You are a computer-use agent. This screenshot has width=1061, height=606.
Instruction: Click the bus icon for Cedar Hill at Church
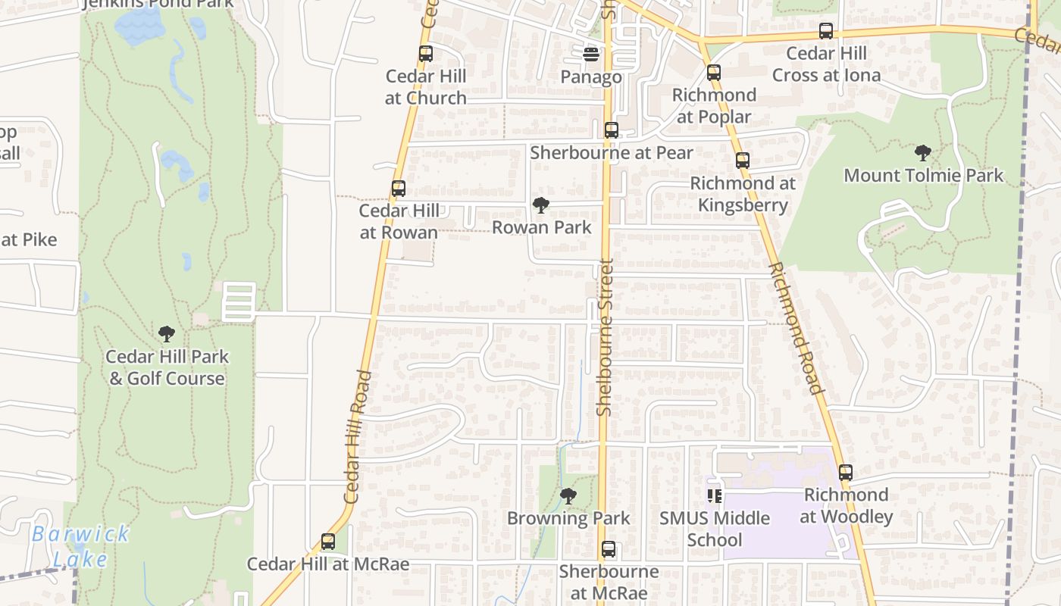(x=426, y=54)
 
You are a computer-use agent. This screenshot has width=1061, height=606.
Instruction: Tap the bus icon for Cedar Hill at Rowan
(x=399, y=189)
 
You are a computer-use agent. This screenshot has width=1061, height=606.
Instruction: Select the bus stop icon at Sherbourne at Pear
(x=612, y=130)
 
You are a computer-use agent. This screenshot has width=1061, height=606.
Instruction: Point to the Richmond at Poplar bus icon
(x=714, y=73)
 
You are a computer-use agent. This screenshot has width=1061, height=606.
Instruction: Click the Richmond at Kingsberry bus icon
(x=743, y=161)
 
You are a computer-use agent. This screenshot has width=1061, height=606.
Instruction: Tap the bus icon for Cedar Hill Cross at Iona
(x=826, y=31)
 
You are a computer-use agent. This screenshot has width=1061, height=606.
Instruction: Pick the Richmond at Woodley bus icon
(x=846, y=473)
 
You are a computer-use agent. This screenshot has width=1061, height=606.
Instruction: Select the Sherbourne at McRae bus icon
(x=609, y=549)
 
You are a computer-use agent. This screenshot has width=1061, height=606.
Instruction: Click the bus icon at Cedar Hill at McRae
(x=328, y=542)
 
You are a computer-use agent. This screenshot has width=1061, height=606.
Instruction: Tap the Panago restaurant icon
(x=591, y=54)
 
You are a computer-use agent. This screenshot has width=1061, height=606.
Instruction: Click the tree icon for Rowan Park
(x=541, y=205)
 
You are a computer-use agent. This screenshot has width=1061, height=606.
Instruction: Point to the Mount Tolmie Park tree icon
(x=923, y=153)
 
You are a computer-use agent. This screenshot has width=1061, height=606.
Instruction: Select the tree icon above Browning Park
(x=568, y=496)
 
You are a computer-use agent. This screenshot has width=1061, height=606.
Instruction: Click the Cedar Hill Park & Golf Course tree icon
(x=167, y=334)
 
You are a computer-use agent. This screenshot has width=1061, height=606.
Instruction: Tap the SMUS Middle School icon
(x=714, y=496)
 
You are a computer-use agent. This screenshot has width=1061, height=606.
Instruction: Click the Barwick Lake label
(x=80, y=546)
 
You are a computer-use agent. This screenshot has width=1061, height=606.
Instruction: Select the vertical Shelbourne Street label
(x=604, y=337)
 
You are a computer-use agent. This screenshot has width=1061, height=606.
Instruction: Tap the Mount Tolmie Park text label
(x=923, y=176)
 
